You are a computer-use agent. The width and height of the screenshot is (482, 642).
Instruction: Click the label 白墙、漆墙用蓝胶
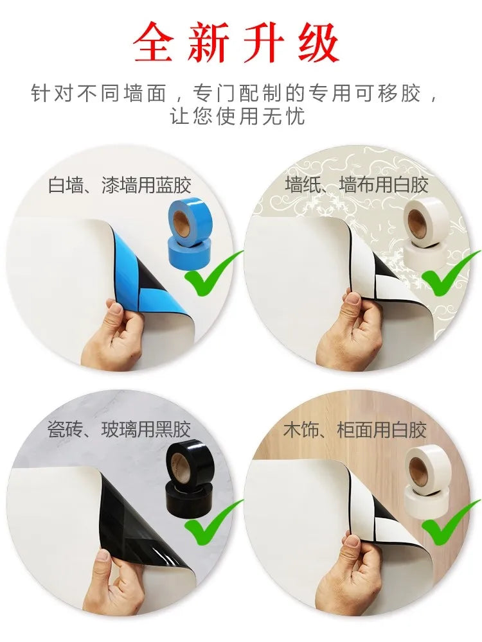120,186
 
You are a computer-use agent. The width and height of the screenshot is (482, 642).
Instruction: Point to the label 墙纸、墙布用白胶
357,186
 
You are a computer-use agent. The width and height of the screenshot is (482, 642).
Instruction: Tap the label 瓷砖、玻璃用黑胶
120,429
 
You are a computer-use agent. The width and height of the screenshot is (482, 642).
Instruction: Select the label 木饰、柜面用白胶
355,429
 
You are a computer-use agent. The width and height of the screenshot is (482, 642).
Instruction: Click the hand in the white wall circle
116,334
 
